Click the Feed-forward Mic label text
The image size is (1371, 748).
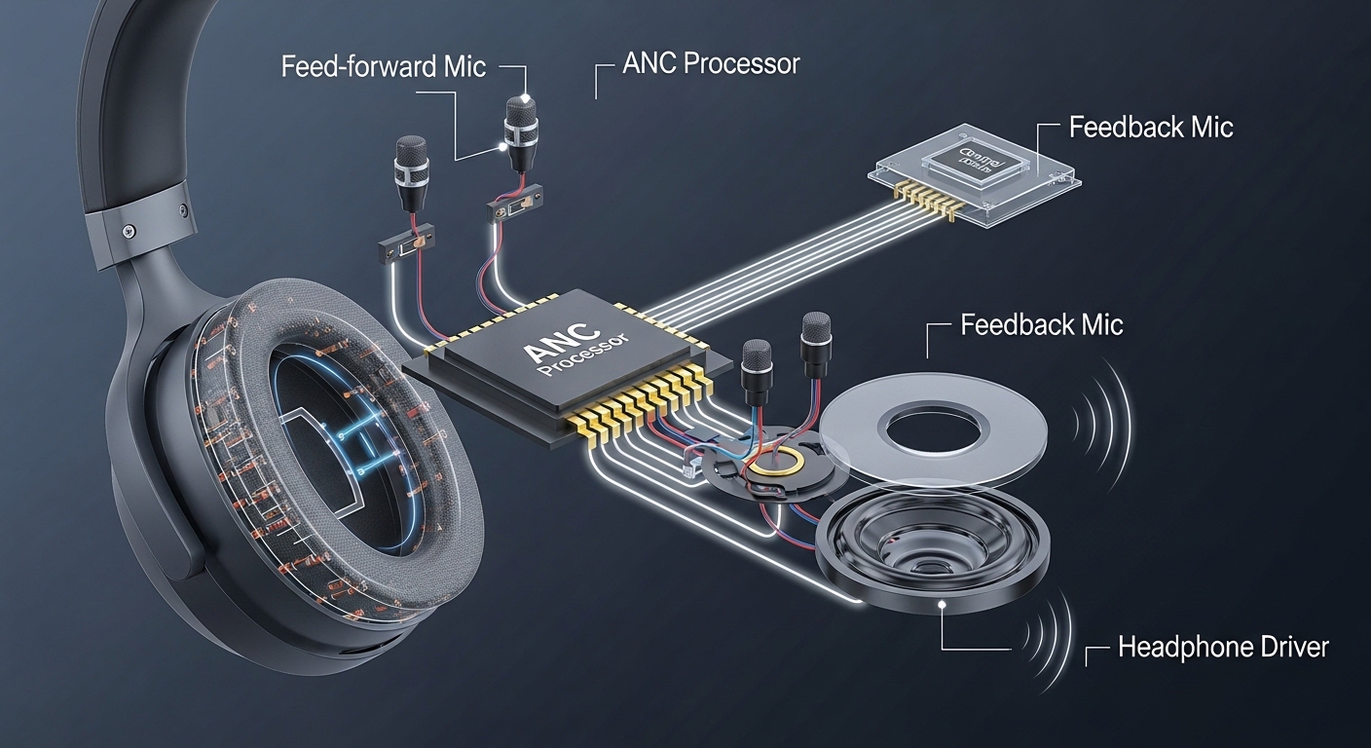(383, 67)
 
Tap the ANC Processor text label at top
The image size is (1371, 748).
(711, 64)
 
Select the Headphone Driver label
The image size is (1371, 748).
(1223, 647)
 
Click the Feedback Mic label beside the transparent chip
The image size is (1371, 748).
(1151, 127)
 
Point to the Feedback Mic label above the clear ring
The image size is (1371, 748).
(1041, 324)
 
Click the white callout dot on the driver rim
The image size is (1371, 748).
(941, 605)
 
